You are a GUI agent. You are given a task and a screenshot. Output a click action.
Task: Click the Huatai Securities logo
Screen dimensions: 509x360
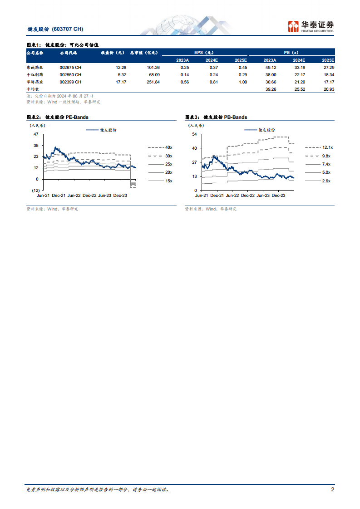pyautogui.click(x=311, y=26)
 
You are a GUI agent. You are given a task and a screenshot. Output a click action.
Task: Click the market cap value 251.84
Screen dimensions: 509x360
pyautogui.click(x=151, y=82)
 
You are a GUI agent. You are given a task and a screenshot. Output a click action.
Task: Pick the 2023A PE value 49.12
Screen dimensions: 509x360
pyautogui.click(x=270, y=67)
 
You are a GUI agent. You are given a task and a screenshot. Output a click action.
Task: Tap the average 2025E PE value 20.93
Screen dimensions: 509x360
pyautogui.click(x=328, y=89)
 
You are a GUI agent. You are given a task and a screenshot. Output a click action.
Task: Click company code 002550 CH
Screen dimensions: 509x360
pyautogui.click(x=70, y=74)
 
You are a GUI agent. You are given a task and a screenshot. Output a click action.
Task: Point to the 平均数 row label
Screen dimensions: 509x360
pyautogui.click(x=33, y=89)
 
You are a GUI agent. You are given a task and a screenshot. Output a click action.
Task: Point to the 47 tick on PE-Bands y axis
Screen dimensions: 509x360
pyautogui.click(x=35, y=134)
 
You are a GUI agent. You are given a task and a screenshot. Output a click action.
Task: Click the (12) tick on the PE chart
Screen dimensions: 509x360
pyautogui.click(x=35, y=190)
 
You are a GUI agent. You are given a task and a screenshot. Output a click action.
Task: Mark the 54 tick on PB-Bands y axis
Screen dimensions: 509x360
pyautogui.click(x=194, y=134)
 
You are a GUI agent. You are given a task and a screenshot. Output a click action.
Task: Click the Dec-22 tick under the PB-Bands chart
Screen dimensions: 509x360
pyautogui.click(x=247, y=196)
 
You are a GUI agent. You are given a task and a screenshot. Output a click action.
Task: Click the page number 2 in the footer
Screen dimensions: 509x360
pyautogui.click(x=332, y=489)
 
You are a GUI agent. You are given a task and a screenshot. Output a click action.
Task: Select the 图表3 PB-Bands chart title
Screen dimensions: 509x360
pyautogui.click(x=216, y=117)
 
